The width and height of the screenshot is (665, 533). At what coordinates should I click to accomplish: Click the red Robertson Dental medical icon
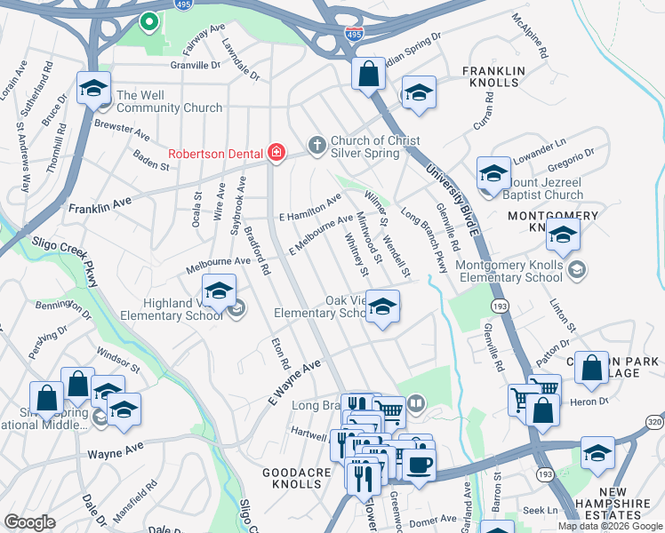[x=276, y=153]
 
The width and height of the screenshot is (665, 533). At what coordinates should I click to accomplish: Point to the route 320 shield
[x=654, y=421]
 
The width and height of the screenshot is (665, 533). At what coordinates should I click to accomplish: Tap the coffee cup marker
[x=419, y=465]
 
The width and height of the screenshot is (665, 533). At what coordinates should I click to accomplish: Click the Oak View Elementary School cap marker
[x=382, y=307]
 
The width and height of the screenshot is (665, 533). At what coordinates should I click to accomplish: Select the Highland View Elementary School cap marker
[x=219, y=290]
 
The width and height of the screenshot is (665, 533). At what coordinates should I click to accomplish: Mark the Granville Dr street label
[x=196, y=65]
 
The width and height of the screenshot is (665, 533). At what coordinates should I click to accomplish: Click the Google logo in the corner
[x=29, y=521]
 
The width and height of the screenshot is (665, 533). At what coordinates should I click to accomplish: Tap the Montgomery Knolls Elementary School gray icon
[x=577, y=269]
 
